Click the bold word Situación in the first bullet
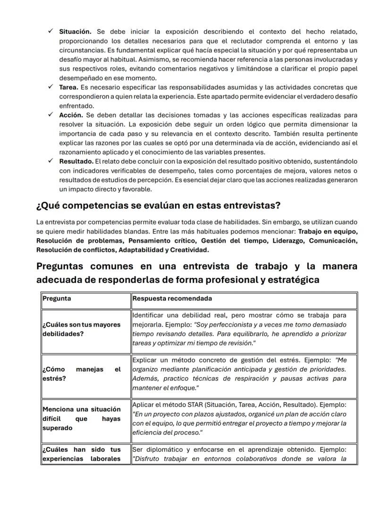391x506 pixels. tap(75, 32)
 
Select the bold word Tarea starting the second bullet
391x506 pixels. tap(68, 87)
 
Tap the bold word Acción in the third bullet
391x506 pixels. tap(71, 115)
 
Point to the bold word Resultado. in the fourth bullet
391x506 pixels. tap(76, 162)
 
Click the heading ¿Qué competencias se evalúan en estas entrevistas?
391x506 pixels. tap(158, 206)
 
